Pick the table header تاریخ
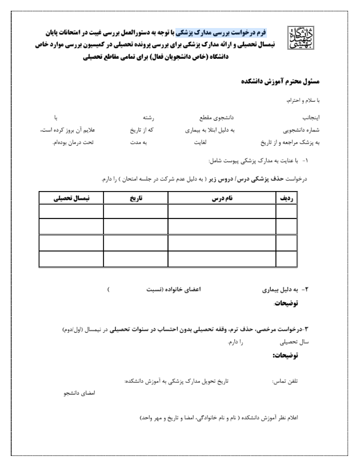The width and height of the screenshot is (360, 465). click(x=135, y=197)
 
